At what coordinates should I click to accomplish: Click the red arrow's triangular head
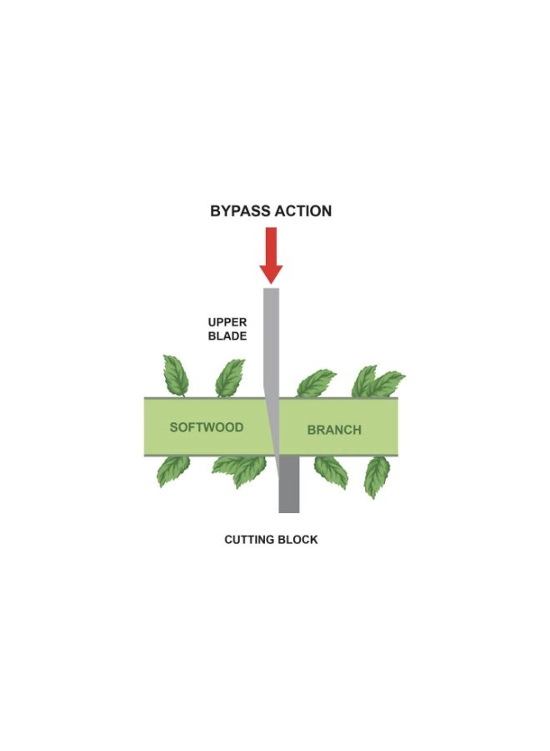coord(271,274)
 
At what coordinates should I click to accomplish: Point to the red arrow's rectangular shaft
coord(271,245)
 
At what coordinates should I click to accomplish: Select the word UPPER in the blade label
coord(227,322)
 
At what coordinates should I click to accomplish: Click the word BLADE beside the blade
coord(227,336)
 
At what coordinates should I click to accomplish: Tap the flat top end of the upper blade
coord(271,289)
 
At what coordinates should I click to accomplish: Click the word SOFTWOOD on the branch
coord(207,427)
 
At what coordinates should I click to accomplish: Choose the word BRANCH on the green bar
coord(334,430)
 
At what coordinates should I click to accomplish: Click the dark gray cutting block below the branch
coord(289,484)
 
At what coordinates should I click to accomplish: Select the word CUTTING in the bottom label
coord(247,540)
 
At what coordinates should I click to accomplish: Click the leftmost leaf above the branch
coord(176,375)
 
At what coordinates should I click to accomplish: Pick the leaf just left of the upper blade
coord(229,378)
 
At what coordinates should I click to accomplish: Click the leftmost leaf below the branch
coord(173,471)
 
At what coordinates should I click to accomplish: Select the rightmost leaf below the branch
coord(377,477)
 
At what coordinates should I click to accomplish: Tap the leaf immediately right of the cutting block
coord(331,472)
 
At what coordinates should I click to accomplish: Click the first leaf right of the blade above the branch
coord(316,383)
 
